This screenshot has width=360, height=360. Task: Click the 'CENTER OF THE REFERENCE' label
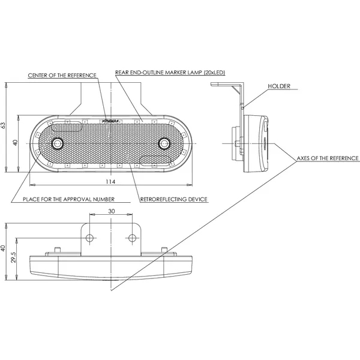pyautogui.click(x=62, y=75)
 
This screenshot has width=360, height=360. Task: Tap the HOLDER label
pyautogui.click(x=280, y=86)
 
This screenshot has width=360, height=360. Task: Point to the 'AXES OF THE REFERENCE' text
pyautogui.click(x=328, y=158)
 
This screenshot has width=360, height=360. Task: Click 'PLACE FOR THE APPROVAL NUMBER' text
pyautogui.click(x=68, y=199)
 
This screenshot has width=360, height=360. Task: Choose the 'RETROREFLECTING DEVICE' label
pyautogui.click(x=173, y=199)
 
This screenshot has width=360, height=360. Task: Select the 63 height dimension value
pyautogui.click(x=4, y=125)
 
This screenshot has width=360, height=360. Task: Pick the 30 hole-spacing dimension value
pyautogui.click(x=111, y=211)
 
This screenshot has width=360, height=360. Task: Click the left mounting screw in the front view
pyautogui.click(x=58, y=143)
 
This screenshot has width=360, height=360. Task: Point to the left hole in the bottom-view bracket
pyautogui.click(x=90, y=238)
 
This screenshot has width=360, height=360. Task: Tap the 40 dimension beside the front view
pyautogui.click(x=16, y=143)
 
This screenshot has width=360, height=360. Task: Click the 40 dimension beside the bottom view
pyautogui.click(x=4, y=248)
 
